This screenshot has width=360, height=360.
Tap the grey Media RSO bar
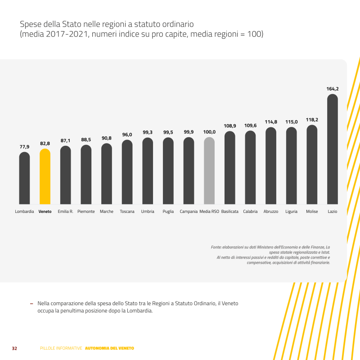[209, 171]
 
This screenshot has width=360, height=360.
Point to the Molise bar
[312, 165]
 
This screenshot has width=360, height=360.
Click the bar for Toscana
[127, 172]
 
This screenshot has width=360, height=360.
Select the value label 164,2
[332, 89]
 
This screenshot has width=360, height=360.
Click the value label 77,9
[24, 147]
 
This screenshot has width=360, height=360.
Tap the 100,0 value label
[209, 132]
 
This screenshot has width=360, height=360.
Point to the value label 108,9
[230, 126]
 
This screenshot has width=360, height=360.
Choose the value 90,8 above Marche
[107, 138]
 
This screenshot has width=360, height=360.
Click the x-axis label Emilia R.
[66, 211]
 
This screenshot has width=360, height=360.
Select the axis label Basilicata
[230, 211]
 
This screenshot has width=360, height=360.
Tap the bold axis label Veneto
[45, 211]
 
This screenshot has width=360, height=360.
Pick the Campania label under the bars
[189, 211]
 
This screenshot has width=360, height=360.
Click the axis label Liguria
[291, 211]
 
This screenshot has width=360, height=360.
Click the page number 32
[14, 348]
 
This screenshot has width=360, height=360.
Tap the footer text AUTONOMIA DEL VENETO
[109, 348]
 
